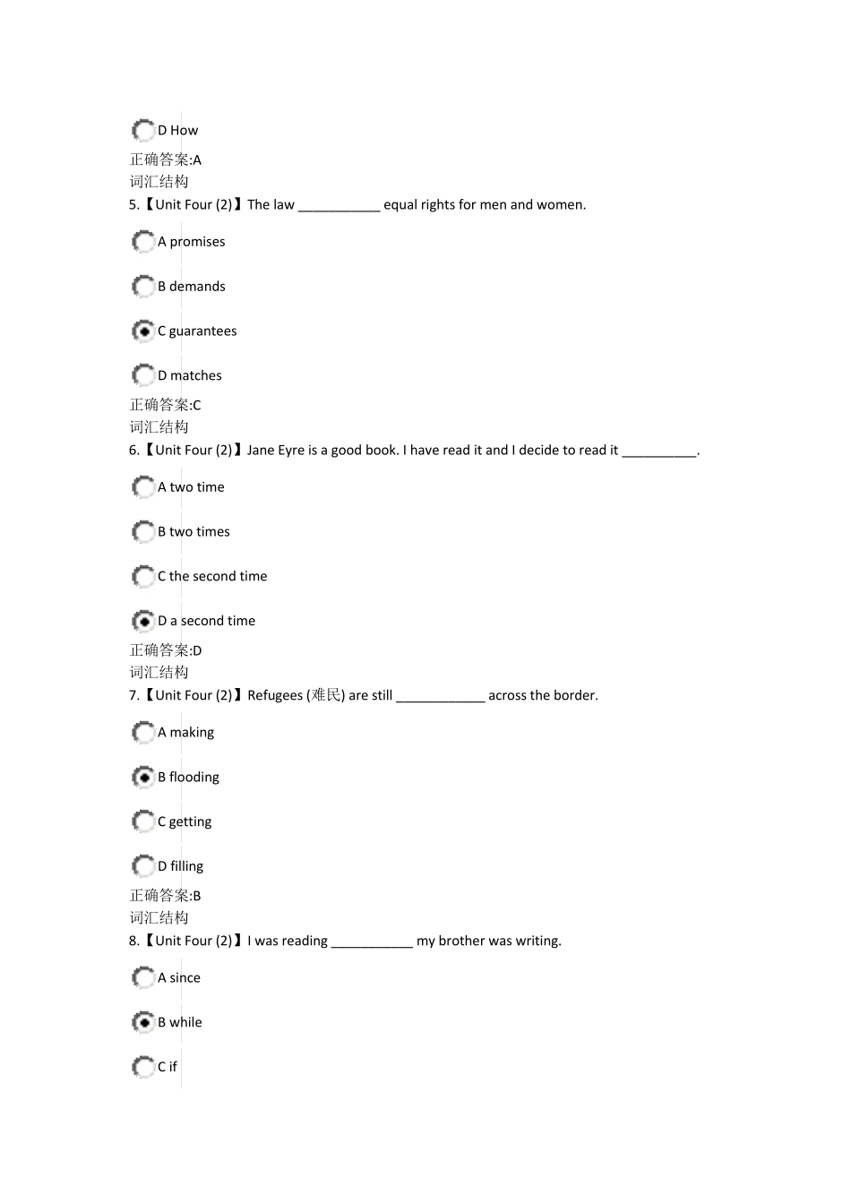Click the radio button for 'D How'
143,131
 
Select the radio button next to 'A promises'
143,242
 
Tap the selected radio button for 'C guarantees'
143,331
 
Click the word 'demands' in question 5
197,287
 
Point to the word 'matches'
195,376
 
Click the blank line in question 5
339,206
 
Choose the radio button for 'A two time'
143,487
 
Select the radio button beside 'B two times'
143,532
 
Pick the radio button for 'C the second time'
143,577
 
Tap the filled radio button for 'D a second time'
143,621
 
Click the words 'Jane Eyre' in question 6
276,451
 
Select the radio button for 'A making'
143,733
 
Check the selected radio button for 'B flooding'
143,778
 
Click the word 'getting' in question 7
190,822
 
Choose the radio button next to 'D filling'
143,866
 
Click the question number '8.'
133,941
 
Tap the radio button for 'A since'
143,978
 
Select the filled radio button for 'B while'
143,1022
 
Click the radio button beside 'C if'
143,1067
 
